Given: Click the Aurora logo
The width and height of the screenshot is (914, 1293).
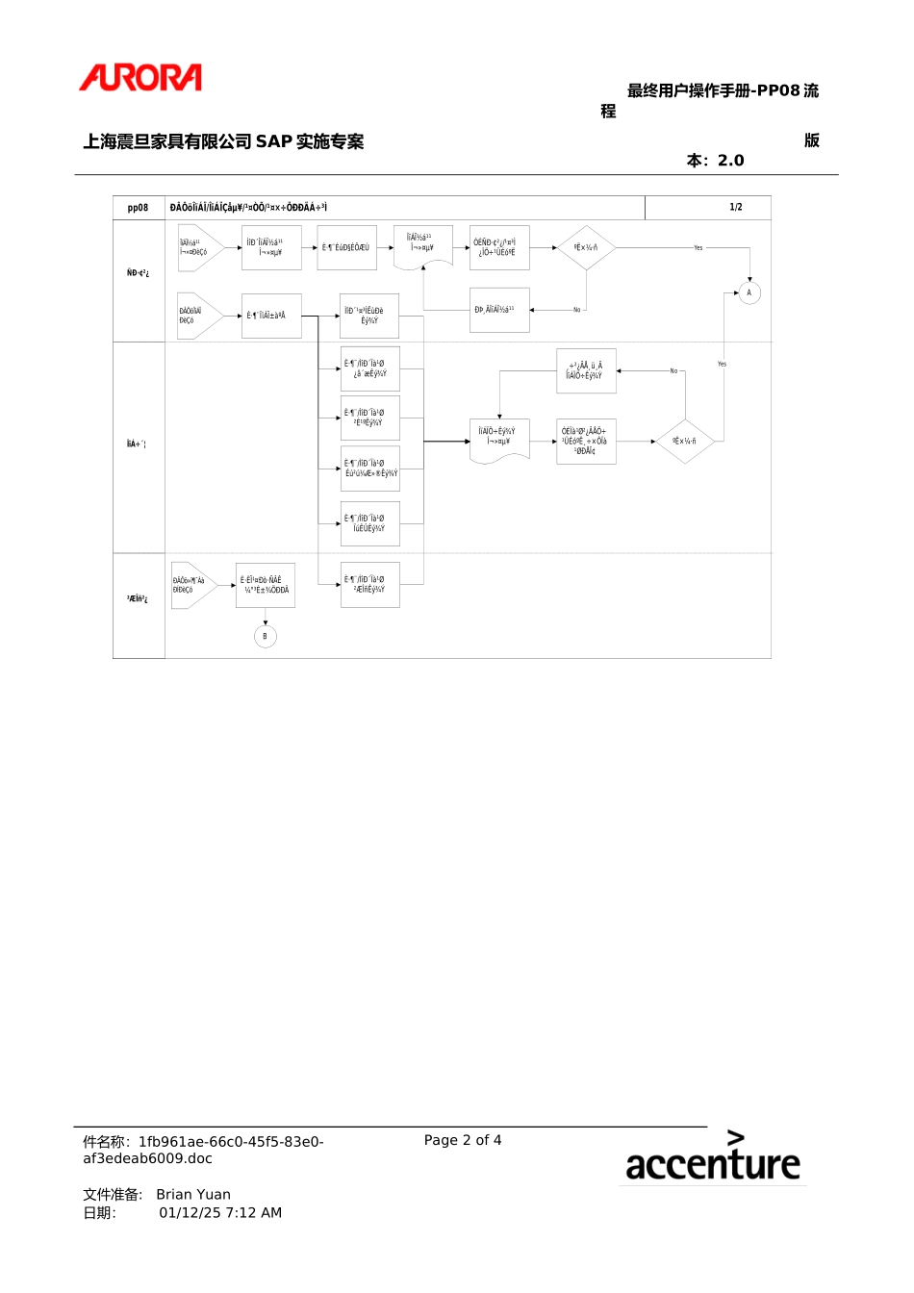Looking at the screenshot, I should point(140,78).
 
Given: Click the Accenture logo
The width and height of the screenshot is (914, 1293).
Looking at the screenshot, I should point(712,1157).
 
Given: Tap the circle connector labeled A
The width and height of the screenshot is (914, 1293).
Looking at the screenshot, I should point(749,292).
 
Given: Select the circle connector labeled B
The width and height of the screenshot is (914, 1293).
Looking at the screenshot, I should point(266,636).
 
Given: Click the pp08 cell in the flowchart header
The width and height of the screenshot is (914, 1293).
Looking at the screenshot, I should point(139,208).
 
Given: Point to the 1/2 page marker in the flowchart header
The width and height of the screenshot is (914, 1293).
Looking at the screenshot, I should point(736,208).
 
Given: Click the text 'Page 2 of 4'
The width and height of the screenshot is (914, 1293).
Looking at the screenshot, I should point(463,1140).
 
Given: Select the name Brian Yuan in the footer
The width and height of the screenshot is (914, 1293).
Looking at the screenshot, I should point(193,1195).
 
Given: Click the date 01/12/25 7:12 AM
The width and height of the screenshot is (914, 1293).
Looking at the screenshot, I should point(220,1213).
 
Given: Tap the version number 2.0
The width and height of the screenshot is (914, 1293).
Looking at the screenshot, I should point(731,161).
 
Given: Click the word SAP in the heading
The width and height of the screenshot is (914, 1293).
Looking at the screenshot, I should point(274,141).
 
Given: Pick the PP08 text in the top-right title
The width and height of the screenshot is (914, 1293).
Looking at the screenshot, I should point(778,90).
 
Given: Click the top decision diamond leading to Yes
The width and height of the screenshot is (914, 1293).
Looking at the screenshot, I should point(586,248).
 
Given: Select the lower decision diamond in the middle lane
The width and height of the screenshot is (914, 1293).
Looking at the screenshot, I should point(684,441).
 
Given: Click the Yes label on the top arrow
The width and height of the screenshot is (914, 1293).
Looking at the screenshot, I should point(698,248).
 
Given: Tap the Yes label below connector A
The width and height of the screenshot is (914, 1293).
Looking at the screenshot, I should point(722,365).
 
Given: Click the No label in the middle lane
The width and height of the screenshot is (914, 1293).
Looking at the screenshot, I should point(673,370).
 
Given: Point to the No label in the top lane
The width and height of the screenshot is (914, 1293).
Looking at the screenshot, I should point(577,310).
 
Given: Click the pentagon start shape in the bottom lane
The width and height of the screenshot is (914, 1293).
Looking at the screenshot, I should point(192,585).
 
